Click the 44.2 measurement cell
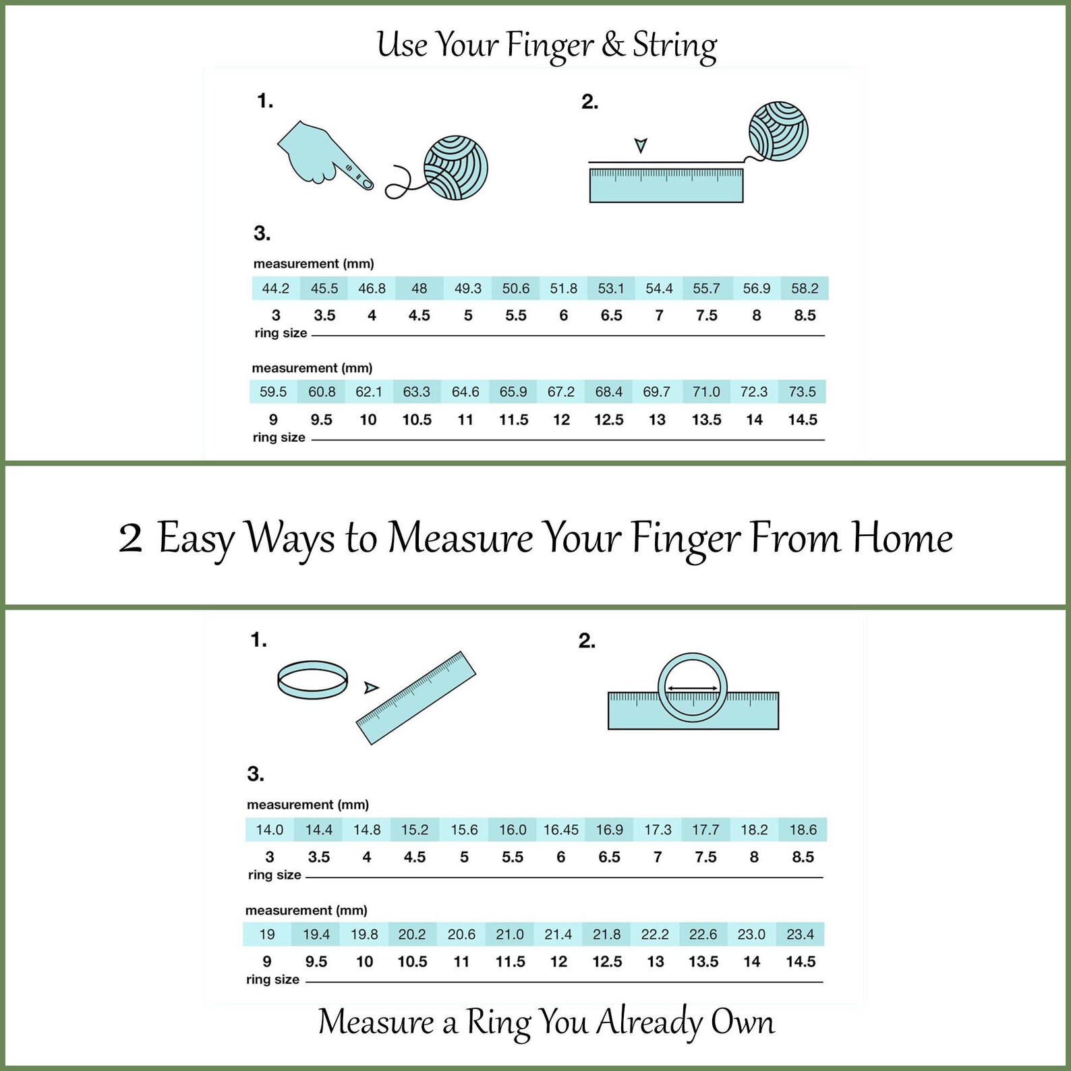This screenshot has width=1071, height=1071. [x=276, y=289]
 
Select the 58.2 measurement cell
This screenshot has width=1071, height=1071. [x=805, y=289]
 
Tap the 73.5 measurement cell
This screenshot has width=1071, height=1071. [x=803, y=392]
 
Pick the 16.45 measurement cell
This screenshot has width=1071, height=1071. [x=561, y=830]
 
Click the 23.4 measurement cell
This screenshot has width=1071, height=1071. [x=800, y=934]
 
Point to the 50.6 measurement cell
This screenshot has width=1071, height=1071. [x=516, y=289]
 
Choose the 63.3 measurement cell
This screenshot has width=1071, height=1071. [x=417, y=392]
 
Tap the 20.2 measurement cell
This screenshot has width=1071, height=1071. [x=412, y=934]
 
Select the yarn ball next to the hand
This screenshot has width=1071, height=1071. [x=455, y=168]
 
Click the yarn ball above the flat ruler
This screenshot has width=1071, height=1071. [x=778, y=132]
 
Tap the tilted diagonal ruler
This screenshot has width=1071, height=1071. [x=416, y=698]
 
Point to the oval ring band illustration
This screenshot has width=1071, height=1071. [x=313, y=680]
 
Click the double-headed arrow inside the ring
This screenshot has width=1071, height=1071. [x=693, y=689]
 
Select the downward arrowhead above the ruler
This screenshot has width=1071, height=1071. [x=641, y=145]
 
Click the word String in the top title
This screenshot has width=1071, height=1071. [x=674, y=46]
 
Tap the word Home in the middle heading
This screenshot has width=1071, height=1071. [x=902, y=538]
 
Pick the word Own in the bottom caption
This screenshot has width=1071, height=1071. [x=743, y=1022]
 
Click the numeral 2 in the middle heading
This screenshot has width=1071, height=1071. [x=130, y=539]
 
